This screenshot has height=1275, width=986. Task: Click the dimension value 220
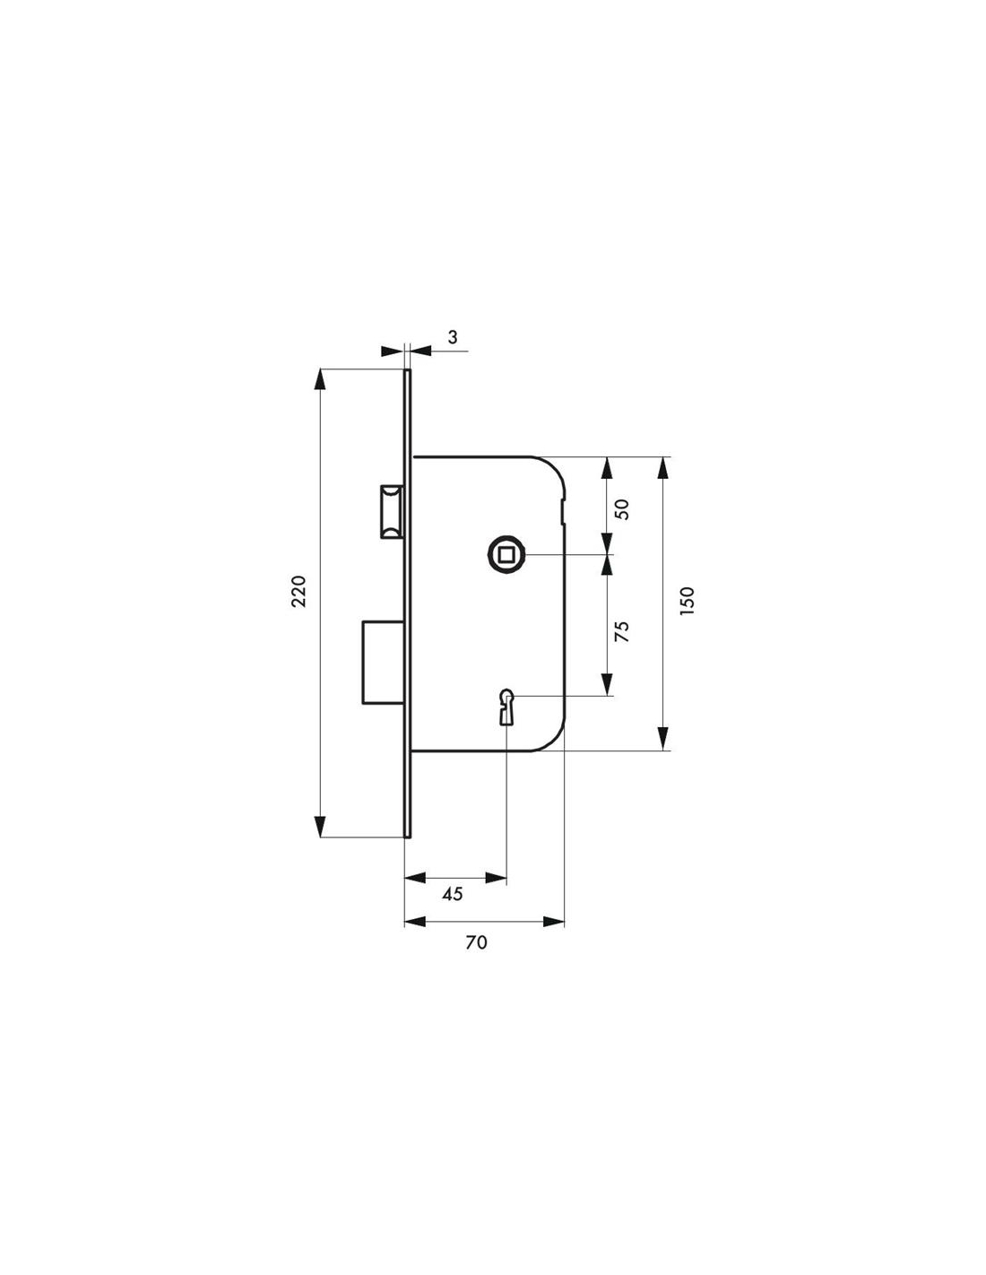299,592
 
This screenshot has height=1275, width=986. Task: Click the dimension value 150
687,601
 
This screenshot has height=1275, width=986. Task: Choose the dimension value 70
476,959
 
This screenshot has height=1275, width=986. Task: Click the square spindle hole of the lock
504,553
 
